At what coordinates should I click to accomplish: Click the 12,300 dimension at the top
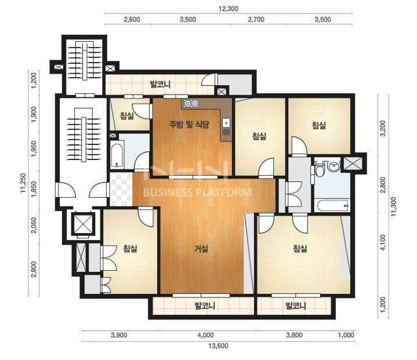(x=228, y=9)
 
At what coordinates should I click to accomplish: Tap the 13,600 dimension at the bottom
(x=218, y=346)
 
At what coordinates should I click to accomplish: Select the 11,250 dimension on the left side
(x=23, y=183)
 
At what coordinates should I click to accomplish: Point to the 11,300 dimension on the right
(x=393, y=206)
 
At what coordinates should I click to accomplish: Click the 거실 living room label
(x=201, y=249)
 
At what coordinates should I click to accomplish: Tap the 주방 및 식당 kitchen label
(x=189, y=124)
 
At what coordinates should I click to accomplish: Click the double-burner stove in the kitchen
(x=191, y=103)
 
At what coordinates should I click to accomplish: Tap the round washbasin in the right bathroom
(x=333, y=166)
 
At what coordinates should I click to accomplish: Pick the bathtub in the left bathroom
(x=117, y=155)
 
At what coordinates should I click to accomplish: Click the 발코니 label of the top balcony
(x=161, y=85)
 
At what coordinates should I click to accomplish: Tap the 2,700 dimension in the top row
(x=256, y=20)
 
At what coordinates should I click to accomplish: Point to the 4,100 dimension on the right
(x=383, y=242)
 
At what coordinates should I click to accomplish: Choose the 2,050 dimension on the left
(x=34, y=225)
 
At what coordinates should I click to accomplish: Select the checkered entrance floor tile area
(x=121, y=190)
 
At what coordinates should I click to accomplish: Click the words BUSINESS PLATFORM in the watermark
(x=197, y=192)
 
